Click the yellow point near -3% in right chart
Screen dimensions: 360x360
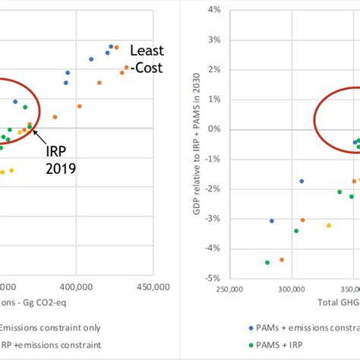329,225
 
